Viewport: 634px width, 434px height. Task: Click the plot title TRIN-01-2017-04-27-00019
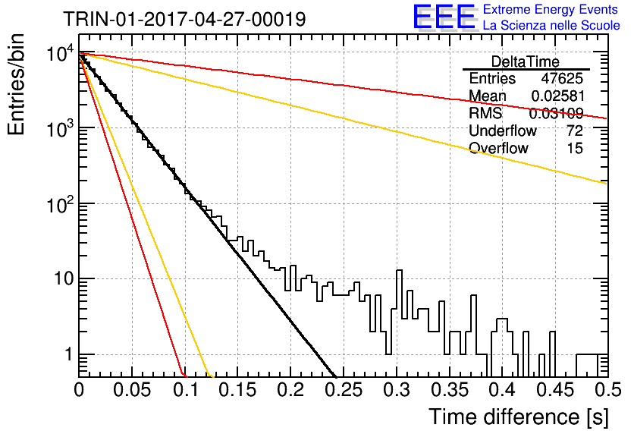(185, 19)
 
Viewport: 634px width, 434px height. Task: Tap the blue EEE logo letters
(444, 17)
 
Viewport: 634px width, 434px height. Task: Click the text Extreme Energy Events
(551, 9)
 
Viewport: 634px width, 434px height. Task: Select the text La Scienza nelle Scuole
(551, 26)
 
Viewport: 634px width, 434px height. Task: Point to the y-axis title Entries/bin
(16, 85)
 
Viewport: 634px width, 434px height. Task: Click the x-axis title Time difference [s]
(519, 417)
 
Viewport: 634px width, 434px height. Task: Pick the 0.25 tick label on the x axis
(345, 390)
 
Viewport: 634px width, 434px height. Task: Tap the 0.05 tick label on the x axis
(132, 390)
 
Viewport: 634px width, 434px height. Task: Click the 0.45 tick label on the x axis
(555, 390)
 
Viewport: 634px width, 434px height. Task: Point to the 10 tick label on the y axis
(64, 278)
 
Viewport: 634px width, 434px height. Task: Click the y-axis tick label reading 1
(68, 354)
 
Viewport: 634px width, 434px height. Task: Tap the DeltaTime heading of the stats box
(526, 61)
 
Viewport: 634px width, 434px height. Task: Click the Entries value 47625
(562, 78)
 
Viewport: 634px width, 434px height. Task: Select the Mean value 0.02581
(557, 96)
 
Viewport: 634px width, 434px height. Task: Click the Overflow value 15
(575, 148)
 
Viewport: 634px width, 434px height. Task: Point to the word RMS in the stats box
(485, 113)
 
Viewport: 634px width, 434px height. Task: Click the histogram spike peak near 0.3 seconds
(399, 270)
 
